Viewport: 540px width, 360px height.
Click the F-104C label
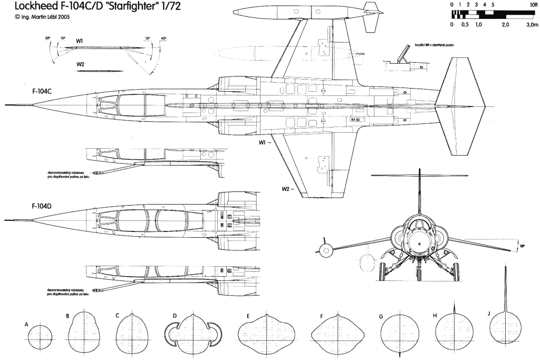(x=42, y=91)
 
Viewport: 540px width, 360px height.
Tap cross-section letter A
(x=26, y=325)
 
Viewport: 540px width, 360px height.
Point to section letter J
(x=490, y=313)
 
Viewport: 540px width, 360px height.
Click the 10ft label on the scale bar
(x=534, y=4)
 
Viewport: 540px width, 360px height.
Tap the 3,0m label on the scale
(x=532, y=24)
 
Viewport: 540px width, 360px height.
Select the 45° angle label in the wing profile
(x=156, y=38)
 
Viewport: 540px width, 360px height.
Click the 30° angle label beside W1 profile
(x=47, y=38)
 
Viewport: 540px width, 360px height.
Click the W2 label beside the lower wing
(x=285, y=189)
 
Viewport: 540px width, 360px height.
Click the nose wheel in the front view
(x=419, y=274)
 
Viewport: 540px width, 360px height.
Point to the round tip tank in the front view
(x=326, y=249)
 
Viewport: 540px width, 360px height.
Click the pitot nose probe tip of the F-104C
(x=6, y=103)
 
